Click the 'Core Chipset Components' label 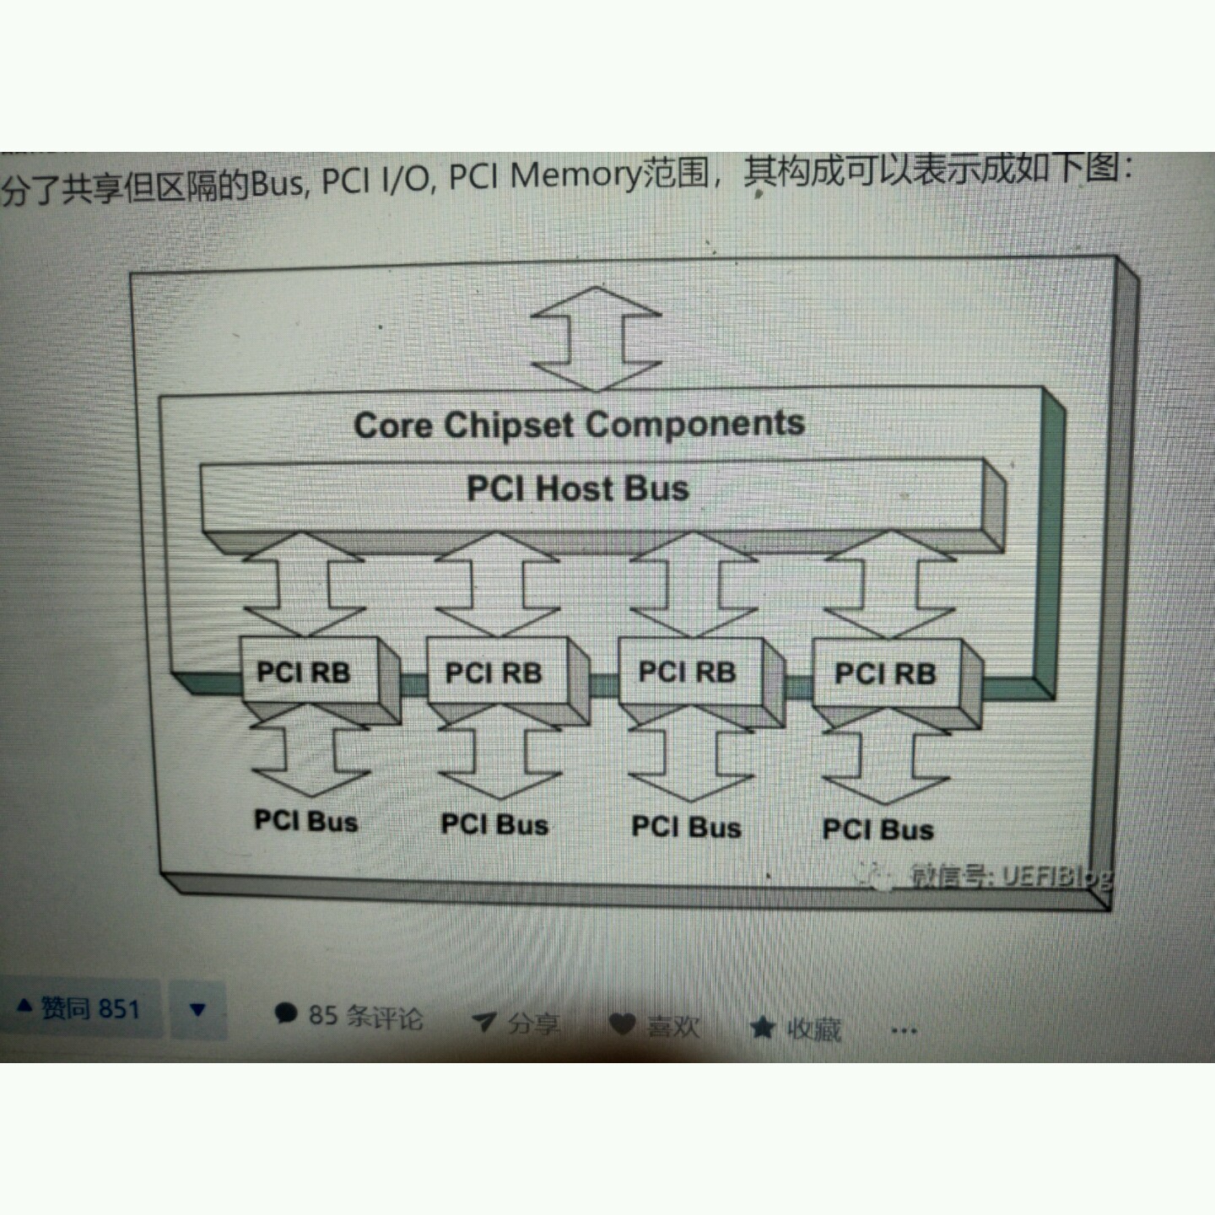coord(579,424)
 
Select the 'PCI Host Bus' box coord(579,489)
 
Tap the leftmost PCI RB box coord(304,672)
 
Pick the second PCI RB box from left coord(494,673)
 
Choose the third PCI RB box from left coord(687,672)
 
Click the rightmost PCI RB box coord(885,674)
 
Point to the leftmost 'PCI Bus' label coord(305,821)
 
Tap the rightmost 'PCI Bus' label coord(877,829)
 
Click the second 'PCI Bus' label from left coord(494,824)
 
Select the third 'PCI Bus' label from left coord(686,827)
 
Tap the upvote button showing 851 coord(79,1008)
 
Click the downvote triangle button coord(198,1010)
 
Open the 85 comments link coord(349,1016)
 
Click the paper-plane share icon coord(483,1023)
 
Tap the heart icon coord(623,1024)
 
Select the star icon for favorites coord(762,1028)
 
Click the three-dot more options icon coord(903,1030)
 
